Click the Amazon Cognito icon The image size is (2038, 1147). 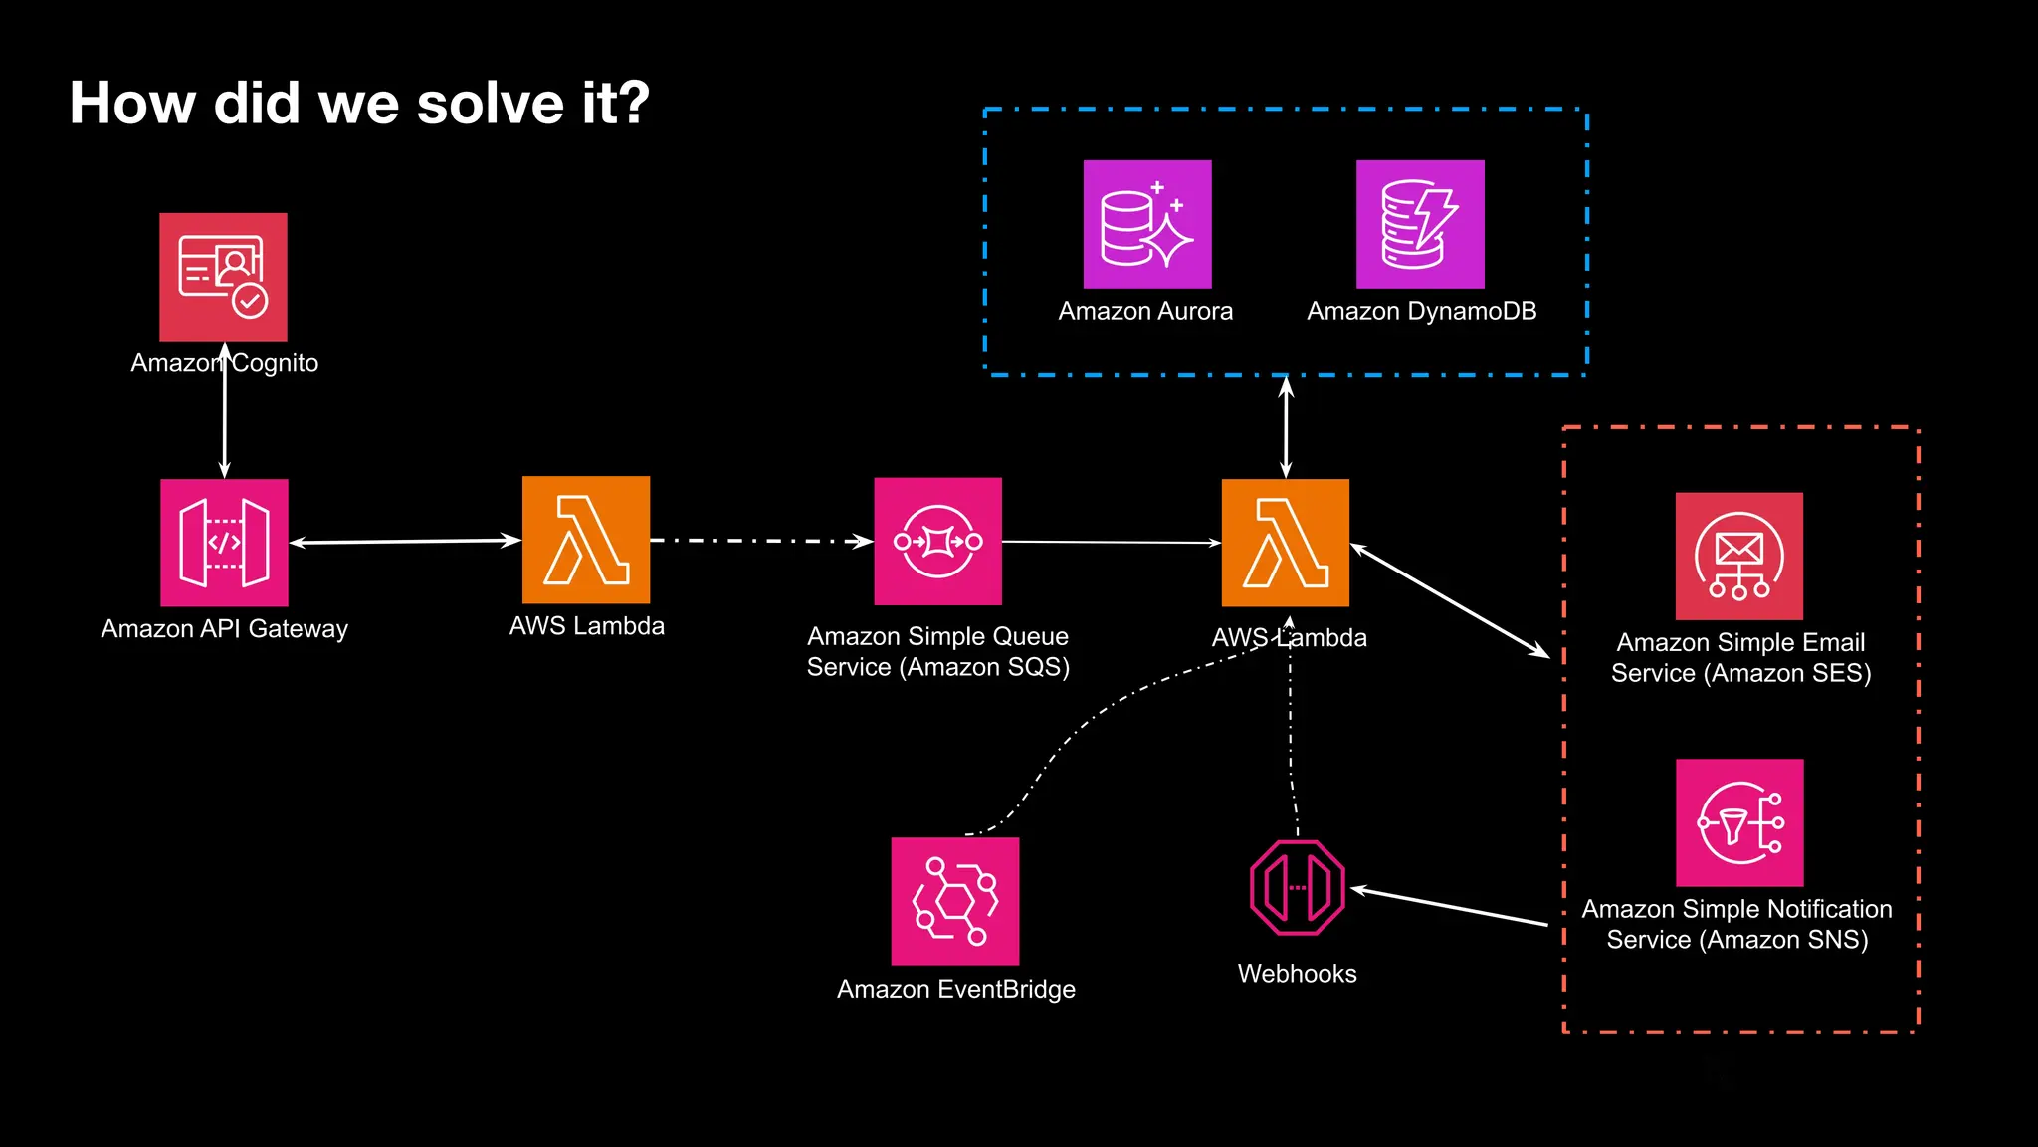[223, 277]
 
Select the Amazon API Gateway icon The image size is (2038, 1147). [224, 543]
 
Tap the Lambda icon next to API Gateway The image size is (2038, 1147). [586, 540]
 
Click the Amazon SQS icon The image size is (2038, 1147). [937, 541]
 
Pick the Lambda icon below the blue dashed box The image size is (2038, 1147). [1285, 543]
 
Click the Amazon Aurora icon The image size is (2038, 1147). [1146, 224]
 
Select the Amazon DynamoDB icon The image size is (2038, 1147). [1420, 224]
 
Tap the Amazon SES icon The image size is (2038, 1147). [1738, 556]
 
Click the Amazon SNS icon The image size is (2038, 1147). [1738, 822]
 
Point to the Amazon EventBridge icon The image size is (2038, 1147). [954, 900]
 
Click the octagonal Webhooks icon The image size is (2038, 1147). [1297, 887]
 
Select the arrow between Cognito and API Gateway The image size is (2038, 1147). [224, 418]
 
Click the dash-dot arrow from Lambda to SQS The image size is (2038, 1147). [761, 541]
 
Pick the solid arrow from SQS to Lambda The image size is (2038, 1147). [1111, 542]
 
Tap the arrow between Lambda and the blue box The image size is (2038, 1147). [1285, 428]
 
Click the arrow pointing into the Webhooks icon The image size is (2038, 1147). [1449, 906]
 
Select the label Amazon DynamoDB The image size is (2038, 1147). [1421, 311]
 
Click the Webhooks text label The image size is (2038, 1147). [1297, 973]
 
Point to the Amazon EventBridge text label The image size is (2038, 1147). [955, 989]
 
